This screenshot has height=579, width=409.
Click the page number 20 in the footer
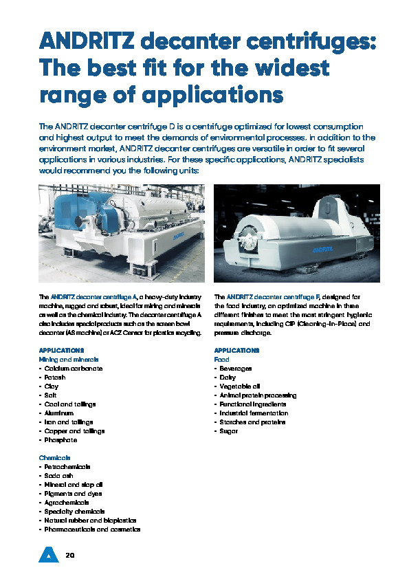[x=69, y=554]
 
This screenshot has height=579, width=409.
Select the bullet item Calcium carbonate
[x=71, y=369]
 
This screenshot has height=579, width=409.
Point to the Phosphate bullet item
[x=59, y=440]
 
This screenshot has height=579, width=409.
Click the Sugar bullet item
[x=228, y=431]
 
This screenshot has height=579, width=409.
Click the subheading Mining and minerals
[x=69, y=360]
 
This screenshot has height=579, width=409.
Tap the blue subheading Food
[x=221, y=360]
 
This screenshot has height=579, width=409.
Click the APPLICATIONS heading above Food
[x=236, y=351]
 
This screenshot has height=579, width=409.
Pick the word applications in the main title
[x=207, y=94]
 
